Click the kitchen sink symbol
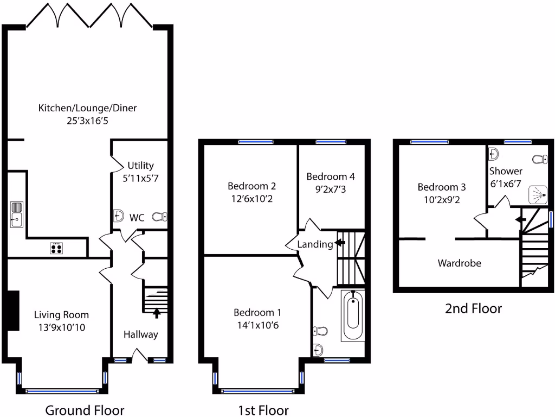(x=17, y=214)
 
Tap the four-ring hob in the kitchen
(x=56, y=248)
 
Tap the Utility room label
(x=140, y=166)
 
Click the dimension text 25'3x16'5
(x=87, y=121)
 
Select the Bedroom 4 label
(x=331, y=176)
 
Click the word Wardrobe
(x=459, y=263)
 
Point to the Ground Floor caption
(x=85, y=410)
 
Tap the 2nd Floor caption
(x=473, y=309)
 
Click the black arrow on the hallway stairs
(x=157, y=312)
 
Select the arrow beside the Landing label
(x=340, y=243)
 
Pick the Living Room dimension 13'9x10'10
(x=61, y=327)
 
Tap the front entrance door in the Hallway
(x=141, y=356)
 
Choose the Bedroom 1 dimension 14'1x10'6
(x=257, y=325)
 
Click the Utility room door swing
(x=116, y=161)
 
